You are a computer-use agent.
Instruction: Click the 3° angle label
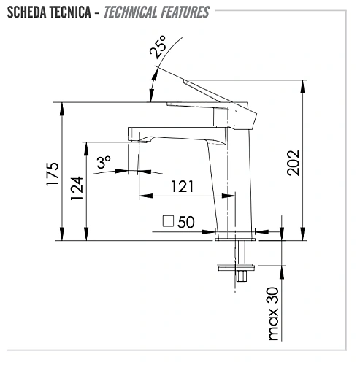(104, 162)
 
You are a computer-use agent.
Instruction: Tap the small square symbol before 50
(168, 222)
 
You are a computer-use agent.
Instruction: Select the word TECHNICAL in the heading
(135, 12)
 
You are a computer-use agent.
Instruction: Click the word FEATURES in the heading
(185, 12)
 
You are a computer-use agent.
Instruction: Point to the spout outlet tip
(134, 138)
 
